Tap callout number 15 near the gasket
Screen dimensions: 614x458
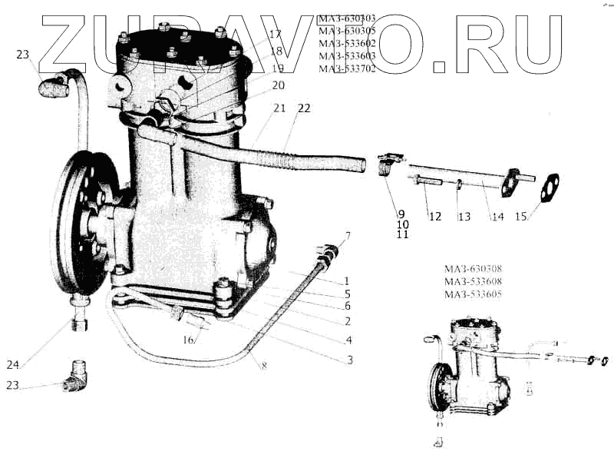click(x=520, y=216)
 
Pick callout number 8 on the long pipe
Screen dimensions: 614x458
click(x=263, y=366)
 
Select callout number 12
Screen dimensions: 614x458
click(x=434, y=217)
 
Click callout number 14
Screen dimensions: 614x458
click(x=498, y=217)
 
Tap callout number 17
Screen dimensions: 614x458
click(x=276, y=35)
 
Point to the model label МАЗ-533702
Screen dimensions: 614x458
click(x=348, y=69)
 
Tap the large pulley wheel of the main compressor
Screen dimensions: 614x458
click(x=74, y=223)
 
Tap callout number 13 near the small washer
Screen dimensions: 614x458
click(x=464, y=217)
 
